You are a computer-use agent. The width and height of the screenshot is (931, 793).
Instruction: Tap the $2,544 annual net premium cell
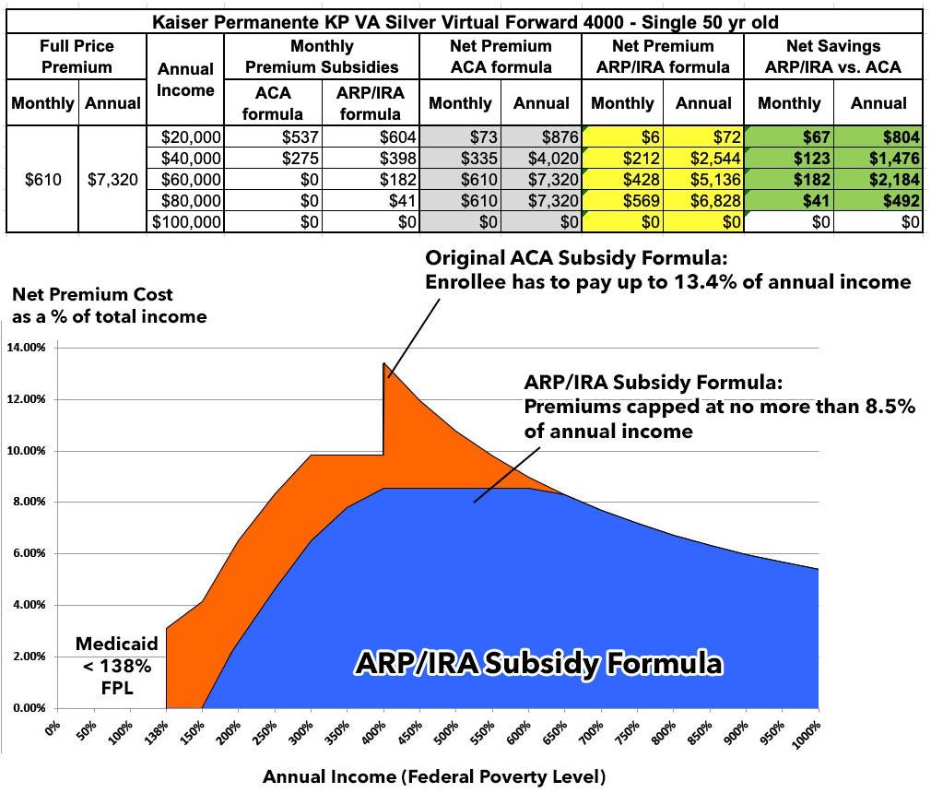coord(708,158)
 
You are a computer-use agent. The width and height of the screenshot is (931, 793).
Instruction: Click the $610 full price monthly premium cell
coord(43,179)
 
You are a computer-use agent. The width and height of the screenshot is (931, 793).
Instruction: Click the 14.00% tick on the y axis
coord(28,348)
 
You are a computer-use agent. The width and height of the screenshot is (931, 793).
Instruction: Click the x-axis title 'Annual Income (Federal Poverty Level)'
coord(434,776)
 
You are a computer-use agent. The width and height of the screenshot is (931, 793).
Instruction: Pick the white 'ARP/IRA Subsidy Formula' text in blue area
coord(539,662)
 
